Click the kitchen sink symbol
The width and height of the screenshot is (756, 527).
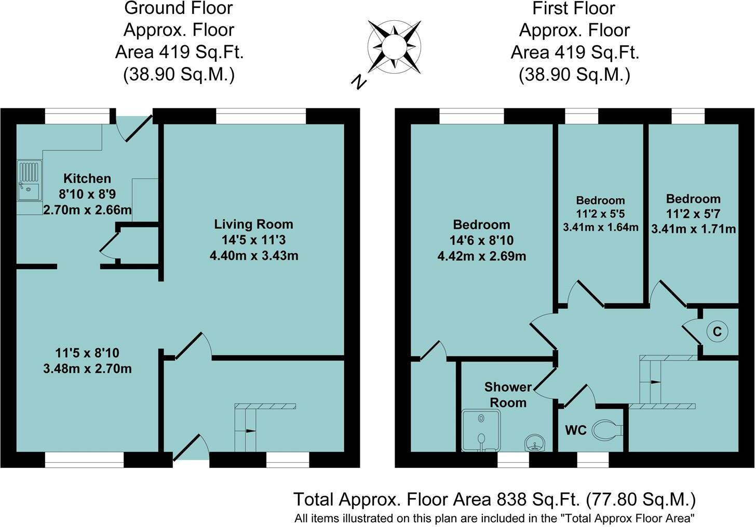pyautogui.click(x=30, y=181)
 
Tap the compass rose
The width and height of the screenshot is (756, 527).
pyautogui.click(x=394, y=47)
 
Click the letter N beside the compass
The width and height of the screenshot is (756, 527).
pyautogui.click(x=358, y=81)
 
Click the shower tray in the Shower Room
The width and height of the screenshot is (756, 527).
pyautogui.click(x=481, y=430)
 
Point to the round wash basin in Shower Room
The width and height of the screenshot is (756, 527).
pyautogui.click(x=535, y=443)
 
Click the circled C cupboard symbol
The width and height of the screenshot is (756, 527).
pyautogui.click(x=717, y=331)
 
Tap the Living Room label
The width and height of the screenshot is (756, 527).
pyautogui.click(x=253, y=225)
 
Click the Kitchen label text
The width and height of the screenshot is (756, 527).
pyautogui.click(x=87, y=178)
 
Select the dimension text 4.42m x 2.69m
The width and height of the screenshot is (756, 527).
pyautogui.click(x=481, y=256)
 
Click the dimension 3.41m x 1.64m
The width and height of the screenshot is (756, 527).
pyautogui.click(x=600, y=227)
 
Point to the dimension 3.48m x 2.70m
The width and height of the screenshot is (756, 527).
pyautogui.click(x=87, y=369)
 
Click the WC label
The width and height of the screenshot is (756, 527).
pyautogui.click(x=575, y=430)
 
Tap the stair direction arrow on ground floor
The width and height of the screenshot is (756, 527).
pyautogui.click(x=250, y=431)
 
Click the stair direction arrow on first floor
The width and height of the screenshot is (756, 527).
pyautogui.click(x=655, y=382)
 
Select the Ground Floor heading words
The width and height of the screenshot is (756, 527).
pyautogui.click(x=179, y=8)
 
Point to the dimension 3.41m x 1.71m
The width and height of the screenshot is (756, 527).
pyautogui.click(x=693, y=229)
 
